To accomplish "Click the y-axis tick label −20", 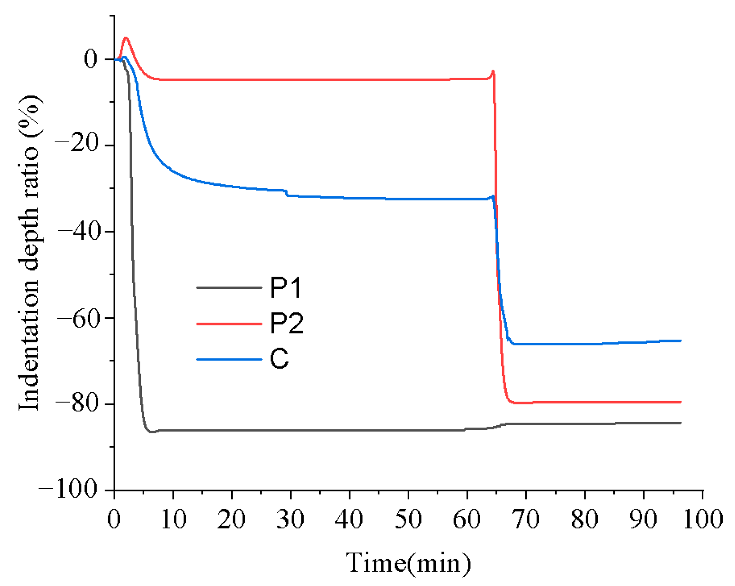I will [76, 145].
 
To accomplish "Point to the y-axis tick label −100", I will [68, 490].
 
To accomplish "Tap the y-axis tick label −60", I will [76, 318].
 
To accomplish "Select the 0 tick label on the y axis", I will [91, 59].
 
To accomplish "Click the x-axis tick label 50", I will [408, 519].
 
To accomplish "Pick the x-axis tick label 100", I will [703, 519].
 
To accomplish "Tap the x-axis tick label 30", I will [290, 519].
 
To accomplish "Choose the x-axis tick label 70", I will [526, 519].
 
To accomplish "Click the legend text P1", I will [286, 288].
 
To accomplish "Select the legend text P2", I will [286, 324].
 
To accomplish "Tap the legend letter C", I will [279, 359].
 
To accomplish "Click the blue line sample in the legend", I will [229, 359].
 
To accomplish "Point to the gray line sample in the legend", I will [229, 288].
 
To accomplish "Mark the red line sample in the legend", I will [229, 324].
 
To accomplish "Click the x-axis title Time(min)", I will [408, 563].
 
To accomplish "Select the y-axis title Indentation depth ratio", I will [30, 252].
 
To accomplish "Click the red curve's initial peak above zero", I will [125, 38].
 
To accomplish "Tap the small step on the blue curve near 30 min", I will [287, 193].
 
